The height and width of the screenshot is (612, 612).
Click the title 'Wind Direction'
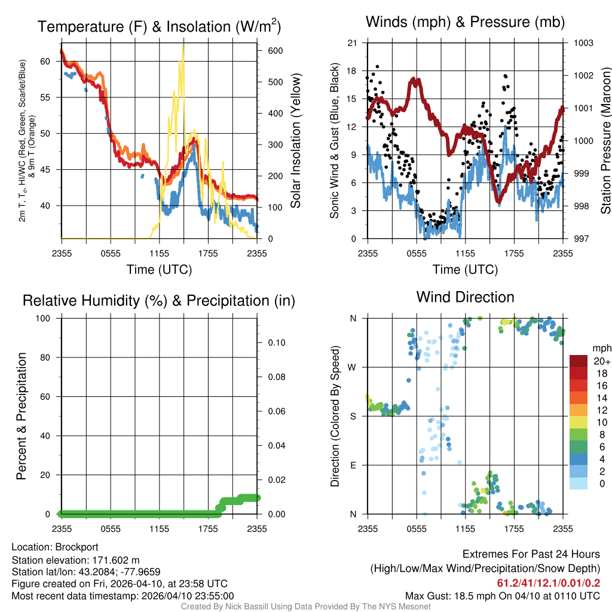[465, 297]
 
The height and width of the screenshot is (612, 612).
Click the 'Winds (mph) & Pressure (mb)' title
[465, 23]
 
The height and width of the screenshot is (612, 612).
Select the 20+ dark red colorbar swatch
[578, 361]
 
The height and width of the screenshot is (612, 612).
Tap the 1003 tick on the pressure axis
[582, 43]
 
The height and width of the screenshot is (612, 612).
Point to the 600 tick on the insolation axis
[274, 51]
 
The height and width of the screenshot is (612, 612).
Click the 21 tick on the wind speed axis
[352, 43]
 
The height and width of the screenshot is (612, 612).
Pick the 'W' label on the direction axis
[353, 367]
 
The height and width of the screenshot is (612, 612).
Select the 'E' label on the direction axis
[353, 465]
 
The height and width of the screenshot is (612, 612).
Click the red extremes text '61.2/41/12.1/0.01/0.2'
[548, 583]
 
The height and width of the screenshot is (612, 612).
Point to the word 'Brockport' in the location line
[76, 547]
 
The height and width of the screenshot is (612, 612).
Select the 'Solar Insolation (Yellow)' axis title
[296, 141]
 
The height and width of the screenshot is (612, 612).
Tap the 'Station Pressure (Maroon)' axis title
[605, 141]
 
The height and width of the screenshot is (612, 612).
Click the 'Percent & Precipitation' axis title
[22, 416]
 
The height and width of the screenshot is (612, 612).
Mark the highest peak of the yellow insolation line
[182, 44]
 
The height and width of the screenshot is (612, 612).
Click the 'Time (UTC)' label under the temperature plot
[159, 270]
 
